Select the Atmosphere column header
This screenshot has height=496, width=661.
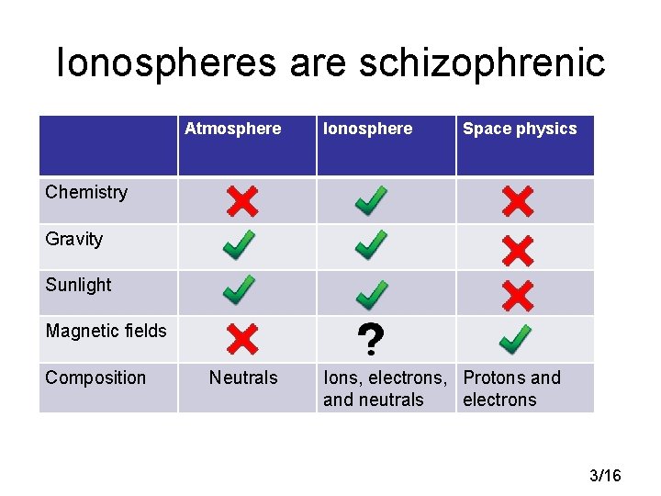click(232, 129)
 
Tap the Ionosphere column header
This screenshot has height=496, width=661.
click(367, 129)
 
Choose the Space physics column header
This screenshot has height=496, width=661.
click(520, 129)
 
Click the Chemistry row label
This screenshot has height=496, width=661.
click(86, 192)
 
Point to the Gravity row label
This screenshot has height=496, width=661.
click(73, 239)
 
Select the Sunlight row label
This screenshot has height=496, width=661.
click(78, 285)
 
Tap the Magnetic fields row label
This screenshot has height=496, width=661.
click(106, 331)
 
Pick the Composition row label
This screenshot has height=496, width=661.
click(95, 378)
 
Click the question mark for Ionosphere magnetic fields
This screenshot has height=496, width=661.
click(369, 340)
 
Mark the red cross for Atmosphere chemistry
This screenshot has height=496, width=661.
click(242, 201)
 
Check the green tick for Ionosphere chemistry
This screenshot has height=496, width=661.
click(371, 201)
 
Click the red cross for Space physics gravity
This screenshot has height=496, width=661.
click(518, 249)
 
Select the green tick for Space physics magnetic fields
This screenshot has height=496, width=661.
click(515, 339)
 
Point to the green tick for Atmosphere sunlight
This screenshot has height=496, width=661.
click(239, 291)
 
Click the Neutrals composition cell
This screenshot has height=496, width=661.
click(243, 378)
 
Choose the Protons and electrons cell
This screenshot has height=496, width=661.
click(511, 389)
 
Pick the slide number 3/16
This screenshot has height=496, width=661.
click(605, 475)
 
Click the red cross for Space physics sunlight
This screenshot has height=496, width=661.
click(518, 295)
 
